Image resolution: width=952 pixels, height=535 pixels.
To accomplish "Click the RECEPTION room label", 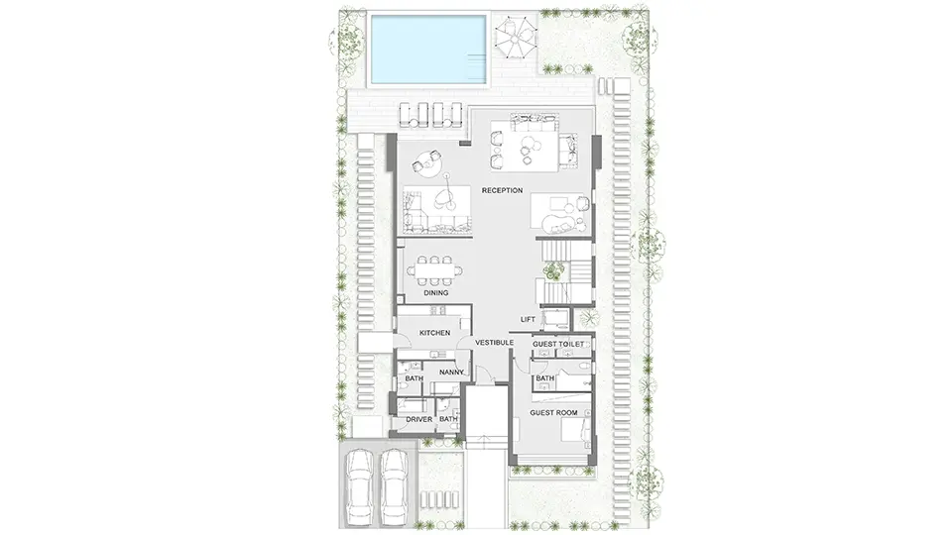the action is pyautogui.click(x=502, y=190).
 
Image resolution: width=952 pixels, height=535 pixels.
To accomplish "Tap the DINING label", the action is pyautogui.click(x=436, y=293).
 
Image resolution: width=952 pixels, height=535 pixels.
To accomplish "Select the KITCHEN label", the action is pyautogui.click(x=435, y=333).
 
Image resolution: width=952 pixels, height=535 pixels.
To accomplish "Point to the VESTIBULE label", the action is pyautogui.click(x=494, y=343).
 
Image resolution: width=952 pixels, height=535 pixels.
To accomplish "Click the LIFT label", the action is pyautogui.click(x=528, y=320).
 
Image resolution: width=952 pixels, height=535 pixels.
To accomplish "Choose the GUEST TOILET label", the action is pyautogui.click(x=558, y=345).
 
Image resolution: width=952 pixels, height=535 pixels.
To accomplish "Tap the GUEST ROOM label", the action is pyautogui.click(x=553, y=413).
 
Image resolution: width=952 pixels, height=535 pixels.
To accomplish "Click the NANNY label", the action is pyautogui.click(x=451, y=373).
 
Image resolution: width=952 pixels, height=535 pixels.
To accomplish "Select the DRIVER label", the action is pyautogui.click(x=418, y=420).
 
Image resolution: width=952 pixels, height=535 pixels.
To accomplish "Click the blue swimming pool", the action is pyautogui.click(x=428, y=51).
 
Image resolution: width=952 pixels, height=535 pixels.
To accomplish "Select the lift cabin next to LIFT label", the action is pyautogui.click(x=556, y=319).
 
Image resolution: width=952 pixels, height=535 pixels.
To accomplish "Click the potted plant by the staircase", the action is pyautogui.click(x=553, y=270).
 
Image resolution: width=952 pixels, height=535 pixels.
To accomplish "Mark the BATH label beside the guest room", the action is pyautogui.click(x=545, y=378).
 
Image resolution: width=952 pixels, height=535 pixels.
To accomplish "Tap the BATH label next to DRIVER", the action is pyautogui.click(x=448, y=420).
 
